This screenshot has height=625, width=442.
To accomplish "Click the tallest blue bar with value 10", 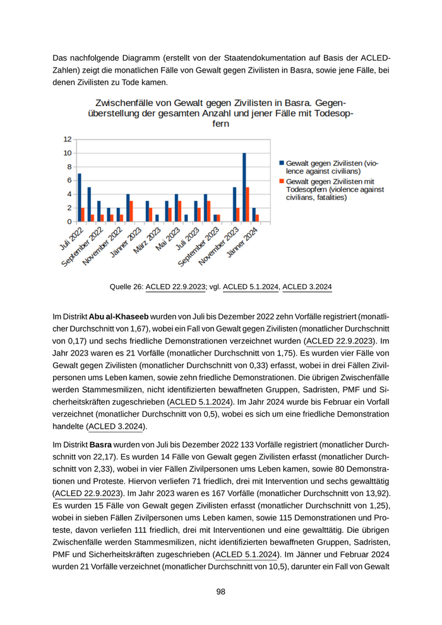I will click(x=244, y=187).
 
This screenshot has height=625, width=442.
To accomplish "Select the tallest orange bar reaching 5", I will click(x=248, y=205).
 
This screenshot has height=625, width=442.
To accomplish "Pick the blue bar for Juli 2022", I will click(x=79, y=198).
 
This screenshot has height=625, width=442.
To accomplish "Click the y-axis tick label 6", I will click(x=69, y=181).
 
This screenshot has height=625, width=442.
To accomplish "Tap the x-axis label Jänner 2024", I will click(x=242, y=242).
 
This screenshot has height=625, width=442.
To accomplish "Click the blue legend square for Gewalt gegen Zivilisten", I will click(x=282, y=164).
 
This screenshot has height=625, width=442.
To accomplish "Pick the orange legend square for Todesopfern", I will click(x=282, y=181).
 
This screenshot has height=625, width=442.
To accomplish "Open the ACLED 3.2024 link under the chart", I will click(x=307, y=287).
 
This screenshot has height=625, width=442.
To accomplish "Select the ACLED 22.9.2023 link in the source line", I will click(x=176, y=287).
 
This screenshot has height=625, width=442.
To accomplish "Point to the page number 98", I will click(x=220, y=592).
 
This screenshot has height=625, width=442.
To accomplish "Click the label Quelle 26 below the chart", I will click(x=126, y=287).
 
